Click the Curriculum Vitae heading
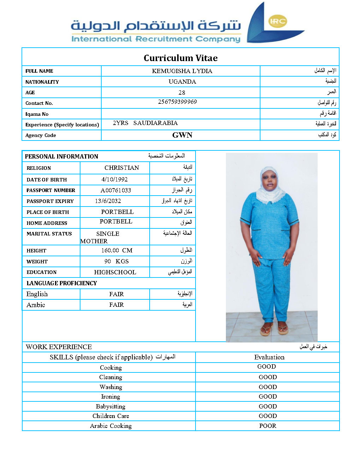pyautogui.click(x=180, y=58)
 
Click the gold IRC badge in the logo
pyautogui.click(x=277, y=21)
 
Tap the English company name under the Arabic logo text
pyautogui.click(x=156, y=39)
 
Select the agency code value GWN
pyautogui.click(x=182, y=135)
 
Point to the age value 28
pyautogui.click(x=182, y=92)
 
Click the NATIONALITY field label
pyautogui.click(x=42, y=82)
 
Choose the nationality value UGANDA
pyautogui.click(x=182, y=82)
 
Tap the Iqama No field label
pyautogui.click(x=37, y=114)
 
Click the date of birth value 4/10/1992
pyautogui.click(x=114, y=179)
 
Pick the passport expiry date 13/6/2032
pyautogui.click(x=108, y=201)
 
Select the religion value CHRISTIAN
pyautogui.click(x=122, y=168)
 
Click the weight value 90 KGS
pyautogui.click(x=116, y=261)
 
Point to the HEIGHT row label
pyautogui.click(x=36, y=251)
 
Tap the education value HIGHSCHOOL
pyautogui.click(x=115, y=272)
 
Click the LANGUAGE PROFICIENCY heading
pyautogui.click(x=61, y=283)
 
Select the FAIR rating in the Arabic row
pyautogui.click(x=116, y=305)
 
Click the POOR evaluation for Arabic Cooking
pyautogui.click(x=268, y=426)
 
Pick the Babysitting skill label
pyautogui.click(x=110, y=406)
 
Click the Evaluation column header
pyautogui.click(x=269, y=357)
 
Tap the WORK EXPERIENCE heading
pyautogui.click(x=59, y=347)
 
